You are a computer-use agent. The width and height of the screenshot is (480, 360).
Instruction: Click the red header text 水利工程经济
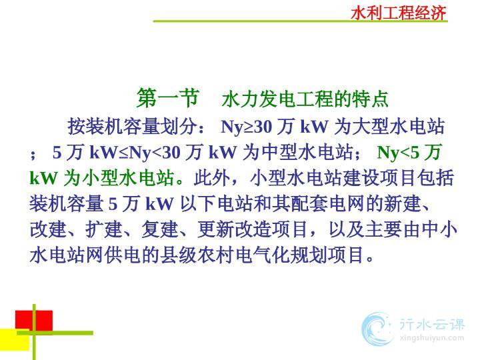(398, 13)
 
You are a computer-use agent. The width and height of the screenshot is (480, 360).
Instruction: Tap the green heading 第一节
(168, 98)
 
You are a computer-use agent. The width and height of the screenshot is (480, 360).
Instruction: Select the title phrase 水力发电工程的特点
(305, 99)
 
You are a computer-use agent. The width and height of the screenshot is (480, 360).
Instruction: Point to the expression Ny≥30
(247, 127)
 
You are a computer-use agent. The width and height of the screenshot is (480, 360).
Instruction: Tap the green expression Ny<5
(398, 152)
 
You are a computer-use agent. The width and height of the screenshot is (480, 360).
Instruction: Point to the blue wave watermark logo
(377, 329)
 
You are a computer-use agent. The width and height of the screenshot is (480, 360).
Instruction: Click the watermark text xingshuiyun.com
(431, 338)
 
